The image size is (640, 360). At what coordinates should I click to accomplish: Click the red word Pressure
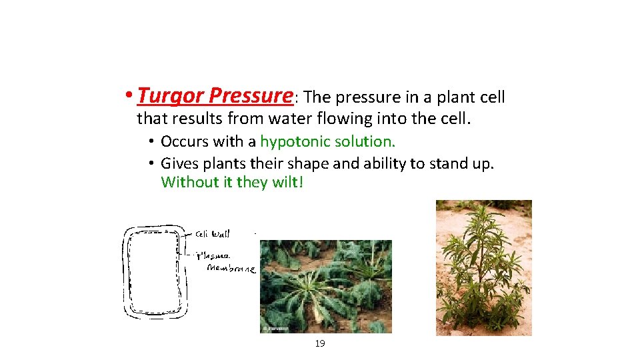point(250,96)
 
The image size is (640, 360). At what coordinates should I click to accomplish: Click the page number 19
point(319,343)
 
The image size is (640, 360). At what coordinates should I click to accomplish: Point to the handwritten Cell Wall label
point(213,233)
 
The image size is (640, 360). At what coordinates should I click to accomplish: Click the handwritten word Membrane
point(231,268)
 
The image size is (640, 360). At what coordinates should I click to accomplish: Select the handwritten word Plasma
point(215,255)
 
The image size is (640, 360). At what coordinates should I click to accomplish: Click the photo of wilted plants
point(325,286)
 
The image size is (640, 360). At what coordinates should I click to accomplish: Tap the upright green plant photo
point(483,267)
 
